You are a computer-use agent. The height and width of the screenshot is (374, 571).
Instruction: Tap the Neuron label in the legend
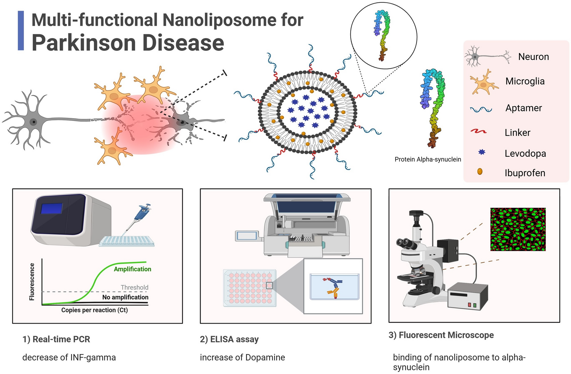[533, 57]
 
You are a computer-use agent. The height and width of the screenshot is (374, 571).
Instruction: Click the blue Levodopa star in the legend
[482, 152]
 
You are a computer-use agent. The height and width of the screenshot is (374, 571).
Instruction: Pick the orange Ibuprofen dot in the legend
[480, 172]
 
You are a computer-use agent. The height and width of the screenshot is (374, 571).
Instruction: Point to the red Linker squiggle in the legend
[479, 132]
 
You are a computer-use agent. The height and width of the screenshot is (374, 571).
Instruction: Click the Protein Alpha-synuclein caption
[427, 159]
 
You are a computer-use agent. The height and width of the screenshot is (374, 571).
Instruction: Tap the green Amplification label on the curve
[132, 269]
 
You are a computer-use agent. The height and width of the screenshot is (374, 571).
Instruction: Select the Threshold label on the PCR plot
[134, 287]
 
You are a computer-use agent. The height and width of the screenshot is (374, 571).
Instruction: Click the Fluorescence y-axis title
[32, 282]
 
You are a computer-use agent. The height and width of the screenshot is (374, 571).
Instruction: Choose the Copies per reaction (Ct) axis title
[94, 310]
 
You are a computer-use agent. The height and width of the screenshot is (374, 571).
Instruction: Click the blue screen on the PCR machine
[51, 209]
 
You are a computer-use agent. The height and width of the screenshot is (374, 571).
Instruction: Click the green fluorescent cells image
[518, 229]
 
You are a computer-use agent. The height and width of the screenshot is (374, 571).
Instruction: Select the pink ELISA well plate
[249, 288]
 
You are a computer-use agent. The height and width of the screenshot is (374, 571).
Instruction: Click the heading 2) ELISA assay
[229, 339]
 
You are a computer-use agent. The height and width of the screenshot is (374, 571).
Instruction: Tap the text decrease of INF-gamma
[69, 357]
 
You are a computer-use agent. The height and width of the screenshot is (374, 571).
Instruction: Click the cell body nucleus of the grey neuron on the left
[33, 122]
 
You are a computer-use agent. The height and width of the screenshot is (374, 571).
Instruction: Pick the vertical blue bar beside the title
[21, 31]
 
